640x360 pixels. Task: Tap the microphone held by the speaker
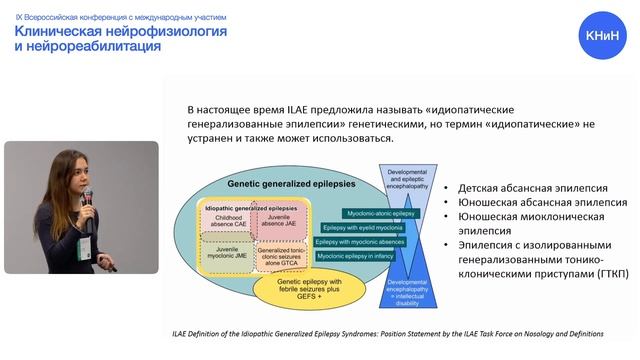pos(88,195)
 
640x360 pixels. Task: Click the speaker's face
pos(72,174)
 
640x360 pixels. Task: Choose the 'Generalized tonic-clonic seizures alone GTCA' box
pos(282,251)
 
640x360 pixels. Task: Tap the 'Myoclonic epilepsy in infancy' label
pos(357,256)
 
